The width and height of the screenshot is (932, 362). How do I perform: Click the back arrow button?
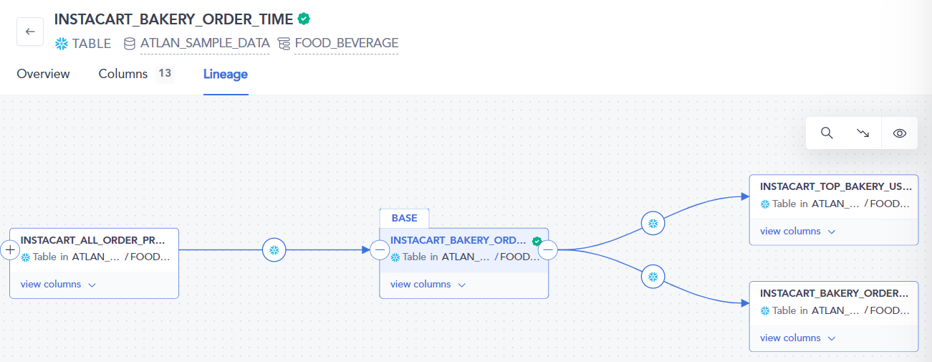tap(30, 32)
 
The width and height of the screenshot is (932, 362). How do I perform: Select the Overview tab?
tap(43, 74)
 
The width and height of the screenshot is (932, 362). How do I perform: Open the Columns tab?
tap(122, 74)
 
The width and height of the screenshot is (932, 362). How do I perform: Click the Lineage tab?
tap(226, 74)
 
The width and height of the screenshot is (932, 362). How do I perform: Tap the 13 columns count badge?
tap(165, 74)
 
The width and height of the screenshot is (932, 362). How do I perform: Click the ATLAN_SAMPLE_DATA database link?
tap(205, 43)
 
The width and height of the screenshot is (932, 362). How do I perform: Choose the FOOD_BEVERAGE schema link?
tap(346, 43)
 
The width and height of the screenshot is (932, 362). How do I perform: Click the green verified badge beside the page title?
tap(304, 19)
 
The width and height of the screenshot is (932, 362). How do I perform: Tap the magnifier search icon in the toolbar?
tap(827, 133)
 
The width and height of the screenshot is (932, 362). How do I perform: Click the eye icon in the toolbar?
tap(900, 133)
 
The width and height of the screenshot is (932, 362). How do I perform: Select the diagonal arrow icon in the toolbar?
tap(863, 133)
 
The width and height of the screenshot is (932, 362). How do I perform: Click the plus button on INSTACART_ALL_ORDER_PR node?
tap(10, 249)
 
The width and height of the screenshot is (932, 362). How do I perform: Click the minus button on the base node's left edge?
tap(380, 249)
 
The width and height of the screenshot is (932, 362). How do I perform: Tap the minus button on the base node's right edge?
tap(548, 249)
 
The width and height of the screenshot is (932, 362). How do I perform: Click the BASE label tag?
tap(404, 218)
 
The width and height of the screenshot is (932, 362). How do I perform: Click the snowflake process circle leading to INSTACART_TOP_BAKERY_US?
tap(653, 224)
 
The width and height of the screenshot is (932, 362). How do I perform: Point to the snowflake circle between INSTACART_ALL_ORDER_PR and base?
tap(274, 249)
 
